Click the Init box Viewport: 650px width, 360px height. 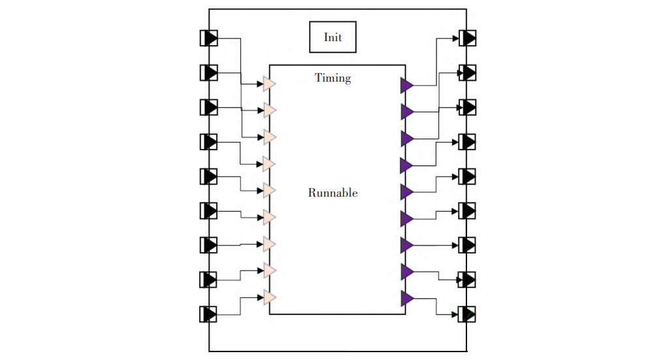[333, 37]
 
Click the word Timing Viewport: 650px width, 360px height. [333, 78]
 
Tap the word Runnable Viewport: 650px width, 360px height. [333, 193]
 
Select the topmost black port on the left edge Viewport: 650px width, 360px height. [208, 38]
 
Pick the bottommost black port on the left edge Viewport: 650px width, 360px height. [208, 314]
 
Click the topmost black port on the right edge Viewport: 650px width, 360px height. [468, 38]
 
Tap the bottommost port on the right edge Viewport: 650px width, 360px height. [468, 314]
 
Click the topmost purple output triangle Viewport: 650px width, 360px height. [406, 85]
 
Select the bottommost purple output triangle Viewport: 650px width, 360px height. [406, 299]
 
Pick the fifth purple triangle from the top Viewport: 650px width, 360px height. [406, 192]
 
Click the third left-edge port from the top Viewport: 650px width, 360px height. [208, 107]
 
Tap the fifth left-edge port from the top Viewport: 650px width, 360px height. [208, 176]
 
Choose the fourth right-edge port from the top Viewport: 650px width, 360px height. [468, 142]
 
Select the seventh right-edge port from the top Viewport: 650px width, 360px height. [468, 245]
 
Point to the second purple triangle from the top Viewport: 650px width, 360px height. [406, 112]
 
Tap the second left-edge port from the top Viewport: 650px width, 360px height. [208, 73]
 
